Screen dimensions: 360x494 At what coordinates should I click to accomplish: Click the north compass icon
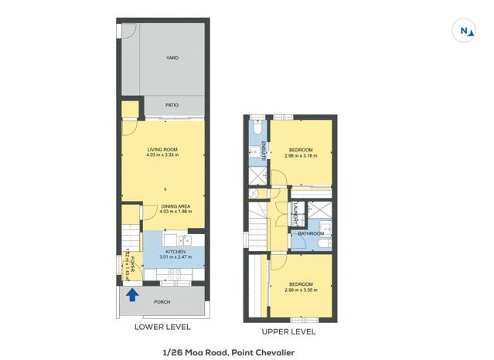[x=465, y=31]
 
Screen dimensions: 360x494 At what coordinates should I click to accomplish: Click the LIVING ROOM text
[x=162, y=149]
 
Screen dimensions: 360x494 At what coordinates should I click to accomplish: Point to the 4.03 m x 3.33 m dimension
[x=162, y=155]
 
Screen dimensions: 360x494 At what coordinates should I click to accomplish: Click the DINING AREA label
[x=175, y=205]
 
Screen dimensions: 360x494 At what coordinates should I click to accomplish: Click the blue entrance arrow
[x=132, y=294]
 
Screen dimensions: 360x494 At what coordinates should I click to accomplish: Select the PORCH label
[x=162, y=302]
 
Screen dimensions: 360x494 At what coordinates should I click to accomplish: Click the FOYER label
[x=133, y=263]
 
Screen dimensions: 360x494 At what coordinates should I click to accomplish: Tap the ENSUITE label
[x=264, y=150]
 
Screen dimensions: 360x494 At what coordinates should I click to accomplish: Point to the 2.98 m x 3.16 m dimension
[x=301, y=155]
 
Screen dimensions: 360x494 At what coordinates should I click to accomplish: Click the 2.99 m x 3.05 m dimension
[x=301, y=290]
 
